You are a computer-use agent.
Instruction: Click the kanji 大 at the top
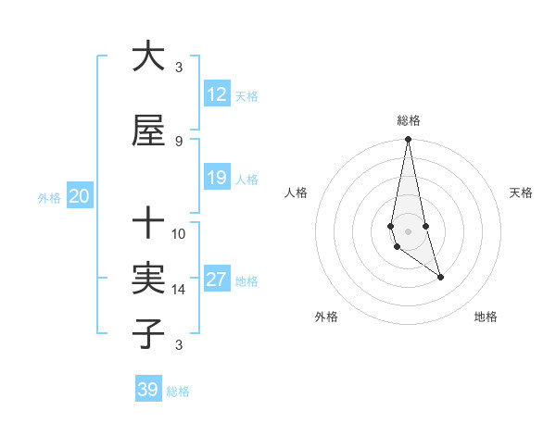click(148, 56)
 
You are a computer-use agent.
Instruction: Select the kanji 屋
click(148, 131)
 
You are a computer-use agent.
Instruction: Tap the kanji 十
click(148, 223)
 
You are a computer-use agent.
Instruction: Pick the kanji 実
click(148, 279)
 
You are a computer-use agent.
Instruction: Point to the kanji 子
click(148, 333)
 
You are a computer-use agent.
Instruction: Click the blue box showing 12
click(216, 94)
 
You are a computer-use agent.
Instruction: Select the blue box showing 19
click(216, 178)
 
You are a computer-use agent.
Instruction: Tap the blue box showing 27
click(216, 280)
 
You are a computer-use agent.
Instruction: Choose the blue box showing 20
click(79, 196)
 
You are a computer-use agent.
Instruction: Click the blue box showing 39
click(148, 390)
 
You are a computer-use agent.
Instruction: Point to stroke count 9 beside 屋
click(179, 142)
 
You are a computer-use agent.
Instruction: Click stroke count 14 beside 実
click(179, 290)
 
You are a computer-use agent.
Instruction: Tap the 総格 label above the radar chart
click(409, 120)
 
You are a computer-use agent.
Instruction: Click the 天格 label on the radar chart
click(522, 193)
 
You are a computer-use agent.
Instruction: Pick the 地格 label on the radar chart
click(486, 317)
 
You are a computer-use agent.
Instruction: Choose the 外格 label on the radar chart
click(326, 317)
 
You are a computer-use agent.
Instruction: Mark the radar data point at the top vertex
click(408, 140)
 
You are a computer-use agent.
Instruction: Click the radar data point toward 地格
click(440, 277)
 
